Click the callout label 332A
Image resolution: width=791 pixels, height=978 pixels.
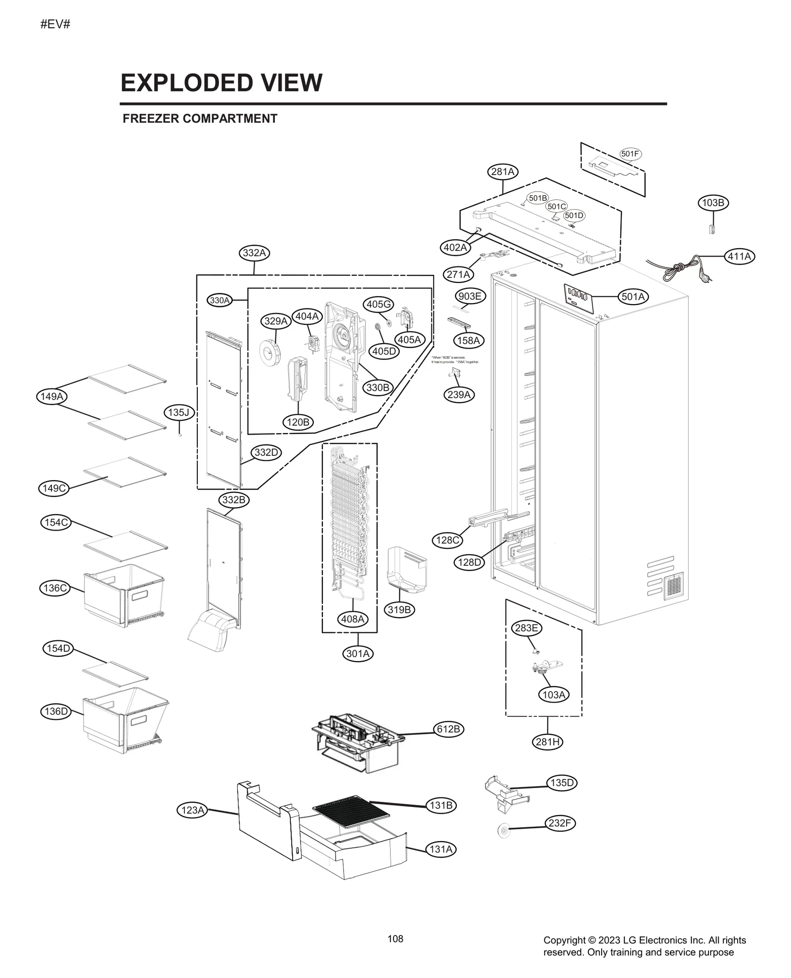[255, 253]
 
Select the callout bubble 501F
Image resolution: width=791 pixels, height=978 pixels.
[630, 154]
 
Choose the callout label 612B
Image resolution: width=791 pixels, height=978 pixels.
[448, 729]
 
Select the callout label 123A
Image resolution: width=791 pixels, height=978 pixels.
[192, 810]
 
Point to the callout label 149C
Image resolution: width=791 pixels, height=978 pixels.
[53, 489]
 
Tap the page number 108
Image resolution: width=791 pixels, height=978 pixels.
[395, 938]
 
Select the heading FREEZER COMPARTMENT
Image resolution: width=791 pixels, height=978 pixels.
[200, 119]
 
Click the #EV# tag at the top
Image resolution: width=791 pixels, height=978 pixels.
[55, 24]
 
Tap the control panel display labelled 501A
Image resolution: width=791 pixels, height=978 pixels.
[578, 297]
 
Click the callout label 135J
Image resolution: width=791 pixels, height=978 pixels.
[178, 412]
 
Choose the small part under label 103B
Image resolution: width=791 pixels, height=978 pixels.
[712, 229]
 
